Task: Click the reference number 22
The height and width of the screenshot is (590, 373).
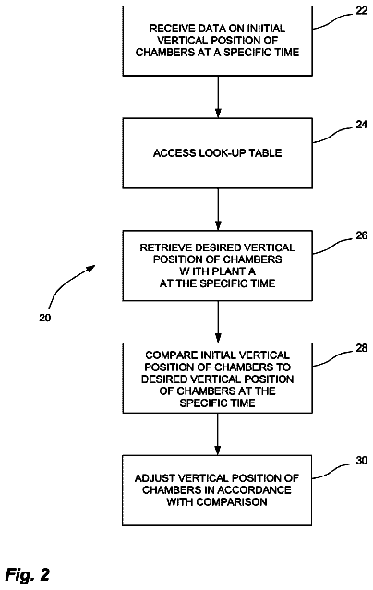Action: tap(361, 11)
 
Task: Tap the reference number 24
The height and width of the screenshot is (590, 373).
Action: tap(361, 125)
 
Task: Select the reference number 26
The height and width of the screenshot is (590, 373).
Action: tap(361, 235)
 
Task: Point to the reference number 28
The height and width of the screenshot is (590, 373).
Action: tap(361, 348)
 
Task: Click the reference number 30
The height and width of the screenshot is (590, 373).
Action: tap(361, 460)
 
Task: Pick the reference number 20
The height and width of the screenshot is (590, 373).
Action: tap(45, 318)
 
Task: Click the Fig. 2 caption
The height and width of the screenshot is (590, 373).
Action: tap(28, 574)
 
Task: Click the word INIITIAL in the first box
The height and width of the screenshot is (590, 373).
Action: tap(266, 29)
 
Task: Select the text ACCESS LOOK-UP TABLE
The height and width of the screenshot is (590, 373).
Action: tap(218, 152)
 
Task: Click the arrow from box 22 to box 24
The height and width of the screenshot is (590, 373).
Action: tap(218, 97)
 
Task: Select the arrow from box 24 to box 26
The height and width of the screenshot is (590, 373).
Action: tap(218, 210)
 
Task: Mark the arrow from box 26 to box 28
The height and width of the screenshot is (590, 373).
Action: tap(218, 321)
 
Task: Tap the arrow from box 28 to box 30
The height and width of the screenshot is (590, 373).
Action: tap(218, 434)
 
